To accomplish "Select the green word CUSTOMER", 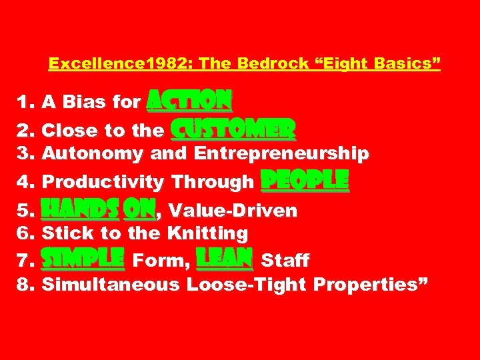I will (x=233, y=128).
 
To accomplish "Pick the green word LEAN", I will (x=224, y=257).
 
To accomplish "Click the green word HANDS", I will (x=81, y=211).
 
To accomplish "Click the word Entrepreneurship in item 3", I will (x=281, y=154).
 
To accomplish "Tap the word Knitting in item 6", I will (x=208, y=233).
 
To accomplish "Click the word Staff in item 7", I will (x=285, y=259).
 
